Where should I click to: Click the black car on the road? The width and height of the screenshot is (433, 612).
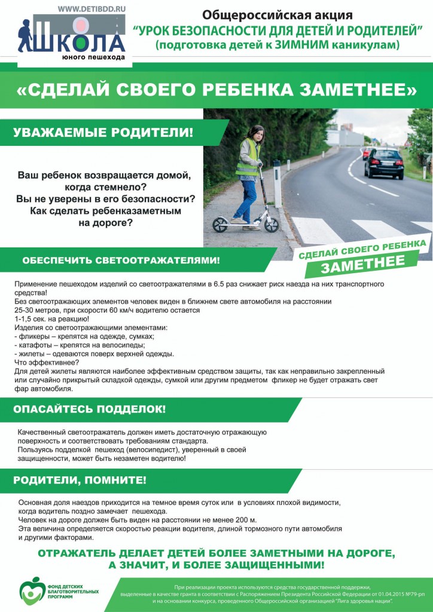point(383,163)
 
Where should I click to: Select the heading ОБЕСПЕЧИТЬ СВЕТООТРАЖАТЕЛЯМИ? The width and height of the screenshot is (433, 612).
point(121,261)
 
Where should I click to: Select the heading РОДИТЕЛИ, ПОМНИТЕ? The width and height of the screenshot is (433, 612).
point(80,480)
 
